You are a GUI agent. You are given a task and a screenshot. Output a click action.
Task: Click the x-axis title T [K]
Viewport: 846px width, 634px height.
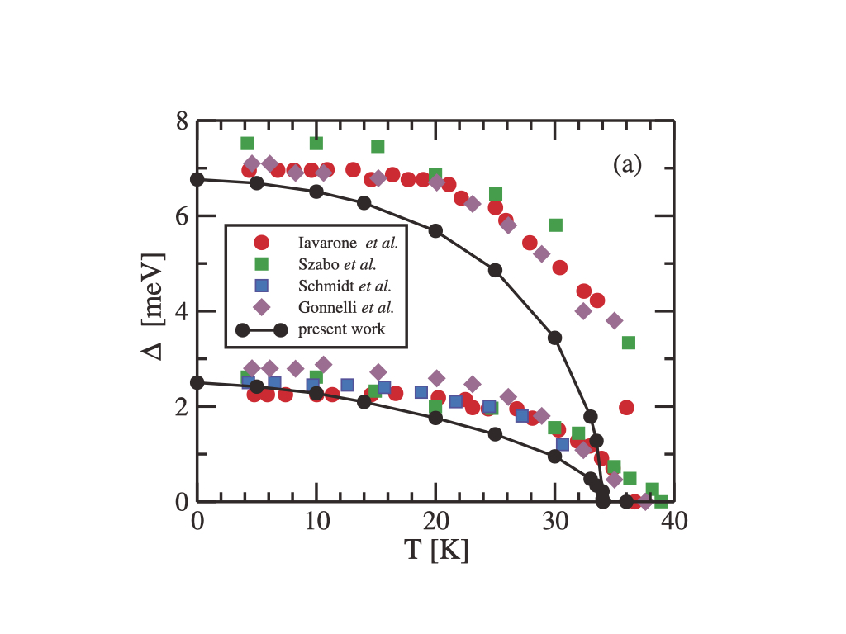(x=436, y=550)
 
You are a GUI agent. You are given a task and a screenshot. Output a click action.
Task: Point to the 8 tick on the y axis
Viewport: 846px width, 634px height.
(x=181, y=121)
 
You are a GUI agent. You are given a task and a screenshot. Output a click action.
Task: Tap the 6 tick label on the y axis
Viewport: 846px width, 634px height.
(x=181, y=216)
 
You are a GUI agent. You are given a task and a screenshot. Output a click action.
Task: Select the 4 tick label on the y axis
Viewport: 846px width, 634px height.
(x=181, y=311)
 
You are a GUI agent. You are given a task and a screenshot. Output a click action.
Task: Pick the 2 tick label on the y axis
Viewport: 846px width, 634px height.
(x=181, y=407)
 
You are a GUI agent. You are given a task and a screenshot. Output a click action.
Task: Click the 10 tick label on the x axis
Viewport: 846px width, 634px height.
(x=316, y=523)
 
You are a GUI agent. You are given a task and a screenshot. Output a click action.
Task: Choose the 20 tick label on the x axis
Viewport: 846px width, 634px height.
(x=435, y=523)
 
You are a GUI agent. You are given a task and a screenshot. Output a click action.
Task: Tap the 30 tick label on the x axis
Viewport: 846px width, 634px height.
(x=554, y=523)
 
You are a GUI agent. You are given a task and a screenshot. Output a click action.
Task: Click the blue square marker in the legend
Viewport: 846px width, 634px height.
(x=262, y=286)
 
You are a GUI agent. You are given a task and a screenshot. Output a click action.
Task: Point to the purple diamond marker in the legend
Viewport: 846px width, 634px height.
(x=262, y=307)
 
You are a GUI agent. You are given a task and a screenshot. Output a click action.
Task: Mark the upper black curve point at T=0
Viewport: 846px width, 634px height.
(x=197, y=179)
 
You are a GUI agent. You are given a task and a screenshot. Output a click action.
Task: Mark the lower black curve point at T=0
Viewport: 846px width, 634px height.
(x=197, y=382)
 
